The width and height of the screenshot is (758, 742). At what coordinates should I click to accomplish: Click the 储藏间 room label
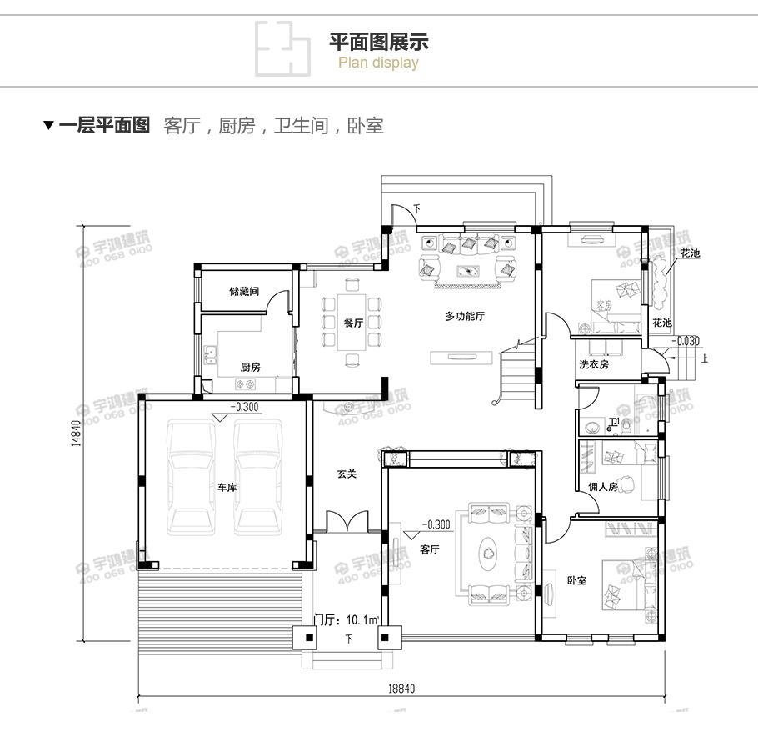(x=244, y=292)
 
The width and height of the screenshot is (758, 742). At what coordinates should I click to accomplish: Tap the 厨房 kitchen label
(x=250, y=367)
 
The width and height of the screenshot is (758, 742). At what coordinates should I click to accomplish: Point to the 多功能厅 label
(x=465, y=316)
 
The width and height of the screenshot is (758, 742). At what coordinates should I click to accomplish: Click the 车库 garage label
(x=227, y=487)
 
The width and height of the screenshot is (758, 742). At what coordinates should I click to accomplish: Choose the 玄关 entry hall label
(x=347, y=474)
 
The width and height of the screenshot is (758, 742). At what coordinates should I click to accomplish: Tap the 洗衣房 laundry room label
(x=594, y=365)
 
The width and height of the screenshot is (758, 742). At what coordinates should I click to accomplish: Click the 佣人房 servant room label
(x=602, y=487)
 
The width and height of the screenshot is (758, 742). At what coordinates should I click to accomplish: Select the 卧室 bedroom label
(x=576, y=579)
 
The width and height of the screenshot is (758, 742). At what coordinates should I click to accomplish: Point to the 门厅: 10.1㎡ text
(x=347, y=619)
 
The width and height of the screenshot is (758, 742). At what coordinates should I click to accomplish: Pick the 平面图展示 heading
(x=379, y=42)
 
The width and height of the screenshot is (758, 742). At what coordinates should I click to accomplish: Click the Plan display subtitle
(x=378, y=63)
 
